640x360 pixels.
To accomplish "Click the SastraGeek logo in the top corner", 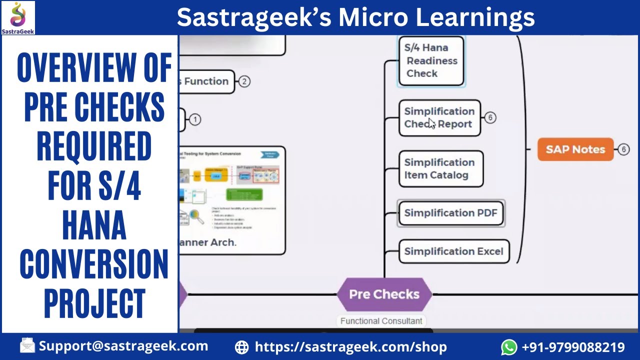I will coord(18,17).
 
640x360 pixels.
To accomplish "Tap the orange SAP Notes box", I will coord(575,149).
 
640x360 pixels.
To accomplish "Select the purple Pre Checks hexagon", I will coord(384,294).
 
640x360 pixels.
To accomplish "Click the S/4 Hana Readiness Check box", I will coord(431,60).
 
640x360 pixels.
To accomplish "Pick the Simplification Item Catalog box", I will coord(440,169).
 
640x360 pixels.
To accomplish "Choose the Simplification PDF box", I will coord(450,213).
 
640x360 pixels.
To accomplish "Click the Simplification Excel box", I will coord(453,251).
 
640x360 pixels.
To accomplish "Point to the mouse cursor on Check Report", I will coord(431,123).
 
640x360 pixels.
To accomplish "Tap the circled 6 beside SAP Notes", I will coord(623,149).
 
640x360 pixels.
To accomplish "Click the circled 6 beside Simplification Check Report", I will coord(490,117).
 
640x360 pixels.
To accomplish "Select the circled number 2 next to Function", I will coord(244,81).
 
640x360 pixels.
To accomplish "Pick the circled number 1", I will coord(195,119).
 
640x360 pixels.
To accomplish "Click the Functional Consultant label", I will coord(381,321).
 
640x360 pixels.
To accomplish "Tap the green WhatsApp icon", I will coord(509,346).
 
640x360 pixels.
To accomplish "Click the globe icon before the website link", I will coord(241,347).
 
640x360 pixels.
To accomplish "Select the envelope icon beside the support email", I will coord(27,345).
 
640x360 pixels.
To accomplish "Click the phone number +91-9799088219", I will coord(573,347).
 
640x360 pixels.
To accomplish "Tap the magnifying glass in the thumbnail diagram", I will coord(196,217).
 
